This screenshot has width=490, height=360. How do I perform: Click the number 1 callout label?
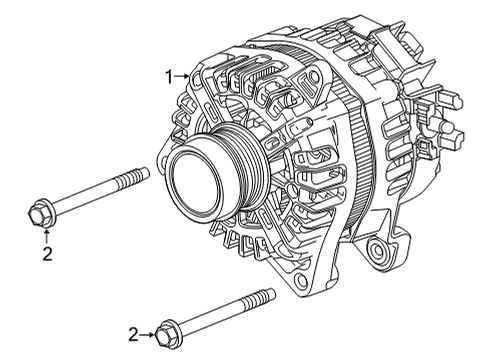coord(170,75)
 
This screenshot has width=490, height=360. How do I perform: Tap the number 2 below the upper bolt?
coord(46,254)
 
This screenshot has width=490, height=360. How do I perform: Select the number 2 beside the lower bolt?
coord(134,334)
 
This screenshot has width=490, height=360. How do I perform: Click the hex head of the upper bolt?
coord(39,213)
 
